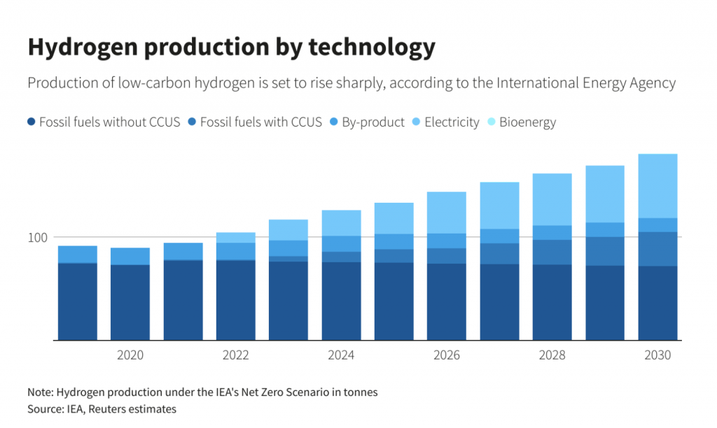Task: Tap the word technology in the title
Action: pyautogui.click(x=372, y=48)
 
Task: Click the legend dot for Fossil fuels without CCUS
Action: pyautogui.click(x=31, y=122)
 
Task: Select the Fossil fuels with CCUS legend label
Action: pyautogui.click(x=260, y=122)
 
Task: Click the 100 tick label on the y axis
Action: pyautogui.click(x=38, y=238)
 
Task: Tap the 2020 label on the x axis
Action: pyautogui.click(x=130, y=355)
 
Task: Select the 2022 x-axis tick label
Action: pyautogui.click(x=235, y=355)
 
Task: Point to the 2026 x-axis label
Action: pyautogui.click(x=447, y=355)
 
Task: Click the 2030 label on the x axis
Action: pyautogui.click(x=657, y=355)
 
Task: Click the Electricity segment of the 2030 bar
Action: pyautogui.click(x=657, y=186)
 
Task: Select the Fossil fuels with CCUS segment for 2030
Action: pyautogui.click(x=657, y=249)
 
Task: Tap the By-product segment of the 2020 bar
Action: pyautogui.click(x=130, y=256)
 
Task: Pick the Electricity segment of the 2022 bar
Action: pyautogui.click(x=235, y=238)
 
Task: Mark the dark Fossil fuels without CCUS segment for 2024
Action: pyautogui.click(x=341, y=301)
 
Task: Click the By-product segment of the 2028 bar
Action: pyautogui.click(x=552, y=233)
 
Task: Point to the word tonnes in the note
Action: pyautogui.click(x=362, y=392)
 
